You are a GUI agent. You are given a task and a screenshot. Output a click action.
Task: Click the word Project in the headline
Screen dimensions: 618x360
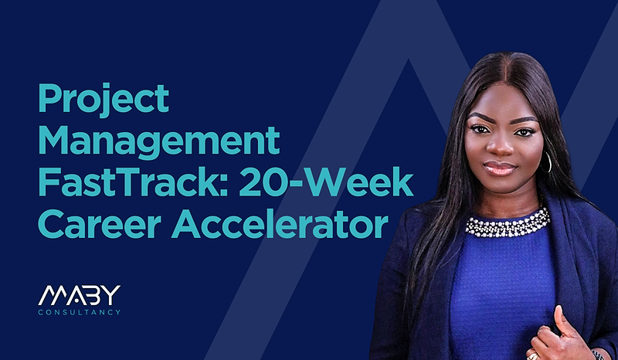click(x=104, y=99)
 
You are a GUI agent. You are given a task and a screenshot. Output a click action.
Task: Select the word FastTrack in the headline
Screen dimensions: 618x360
click(x=129, y=182)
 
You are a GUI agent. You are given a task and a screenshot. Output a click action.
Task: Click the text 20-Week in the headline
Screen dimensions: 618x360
click(x=326, y=182)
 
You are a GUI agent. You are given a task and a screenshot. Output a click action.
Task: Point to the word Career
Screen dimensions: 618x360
click(x=100, y=224)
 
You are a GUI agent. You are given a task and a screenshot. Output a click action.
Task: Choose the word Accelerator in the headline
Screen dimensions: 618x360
click(x=280, y=224)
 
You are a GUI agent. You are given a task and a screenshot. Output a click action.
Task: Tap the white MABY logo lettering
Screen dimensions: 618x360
click(x=80, y=295)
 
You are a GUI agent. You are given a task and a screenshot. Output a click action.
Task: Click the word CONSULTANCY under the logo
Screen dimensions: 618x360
click(x=80, y=312)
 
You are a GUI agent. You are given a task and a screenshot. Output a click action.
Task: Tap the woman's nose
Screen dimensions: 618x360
click(x=500, y=146)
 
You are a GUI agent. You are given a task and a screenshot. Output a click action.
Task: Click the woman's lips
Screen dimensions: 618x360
click(x=500, y=168)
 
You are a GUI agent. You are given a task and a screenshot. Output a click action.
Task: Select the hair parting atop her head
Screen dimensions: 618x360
click(x=511, y=68)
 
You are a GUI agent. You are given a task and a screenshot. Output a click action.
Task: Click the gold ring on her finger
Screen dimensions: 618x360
click(x=533, y=355)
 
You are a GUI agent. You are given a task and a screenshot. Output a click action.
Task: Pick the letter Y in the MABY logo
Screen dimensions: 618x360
click(x=112, y=295)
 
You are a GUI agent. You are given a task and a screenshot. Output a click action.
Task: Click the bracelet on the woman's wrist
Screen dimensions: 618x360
click(x=598, y=355)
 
